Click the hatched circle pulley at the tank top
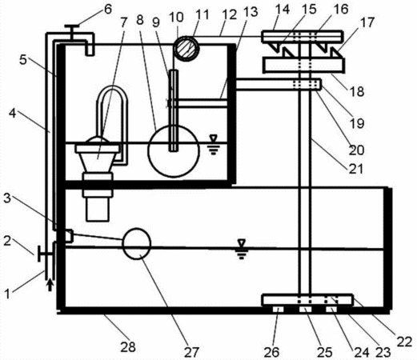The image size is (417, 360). click(186, 48)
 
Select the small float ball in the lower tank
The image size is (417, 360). click(137, 243)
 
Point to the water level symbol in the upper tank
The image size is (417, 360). click(214, 145)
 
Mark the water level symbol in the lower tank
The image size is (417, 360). click(242, 249)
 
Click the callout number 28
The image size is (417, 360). click(128, 347)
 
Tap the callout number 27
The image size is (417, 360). click(191, 352)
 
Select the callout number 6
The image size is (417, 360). click(108, 10)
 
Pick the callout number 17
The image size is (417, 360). click(367, 22)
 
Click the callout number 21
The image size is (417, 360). click(356, 169)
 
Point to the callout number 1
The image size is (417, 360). click(7, 294)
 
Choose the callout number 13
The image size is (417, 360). click(251, 12)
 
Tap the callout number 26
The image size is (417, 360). click(271, 352)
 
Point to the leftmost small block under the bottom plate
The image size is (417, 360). click(278, 310)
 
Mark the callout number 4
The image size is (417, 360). click(13, 114)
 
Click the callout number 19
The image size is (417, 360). click(357, 123)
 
